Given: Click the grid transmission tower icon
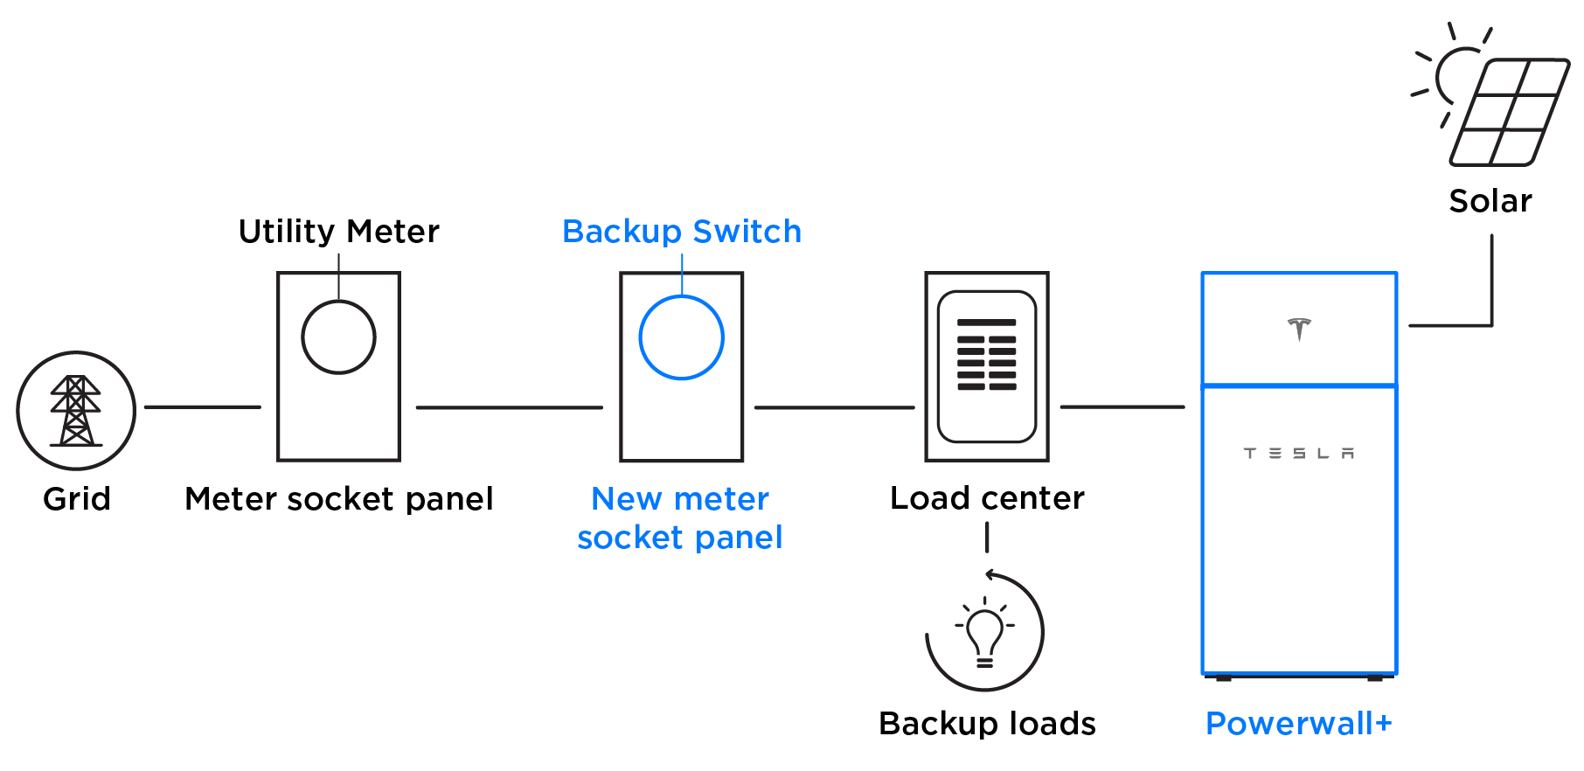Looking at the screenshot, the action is (76, 411).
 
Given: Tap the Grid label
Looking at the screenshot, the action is (77, 499).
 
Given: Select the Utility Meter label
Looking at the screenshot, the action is (339, 232).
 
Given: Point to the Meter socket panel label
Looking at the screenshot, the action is (339, 499).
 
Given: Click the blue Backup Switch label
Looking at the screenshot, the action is (682, 232).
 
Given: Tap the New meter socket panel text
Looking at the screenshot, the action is (680, 518).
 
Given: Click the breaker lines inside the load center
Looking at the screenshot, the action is (987, 355).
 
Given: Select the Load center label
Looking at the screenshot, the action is (987, 498).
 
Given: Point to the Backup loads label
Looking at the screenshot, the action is (987, 724).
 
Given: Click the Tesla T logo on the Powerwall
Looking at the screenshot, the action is (1299, 328).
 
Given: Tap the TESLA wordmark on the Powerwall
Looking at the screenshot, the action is (1299, 453).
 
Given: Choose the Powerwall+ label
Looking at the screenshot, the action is (1299, 724).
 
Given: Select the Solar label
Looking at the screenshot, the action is (1490, 201).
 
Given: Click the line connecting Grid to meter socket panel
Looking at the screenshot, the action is (203, 407).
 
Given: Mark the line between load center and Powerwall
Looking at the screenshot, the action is (1122, 407).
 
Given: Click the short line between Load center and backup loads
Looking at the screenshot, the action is (987, 538).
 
